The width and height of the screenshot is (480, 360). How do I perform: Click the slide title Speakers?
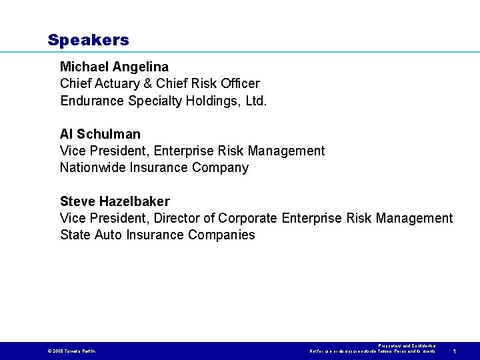pyautogui.click(x=88, y=40)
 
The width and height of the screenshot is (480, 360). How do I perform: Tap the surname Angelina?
pyautogui.click(x=141, y=67)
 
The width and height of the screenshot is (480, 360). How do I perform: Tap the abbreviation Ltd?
pyautogui.click(x=254, y=101)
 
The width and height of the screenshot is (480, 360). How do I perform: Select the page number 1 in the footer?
pyautogui.click(x=454, y=351)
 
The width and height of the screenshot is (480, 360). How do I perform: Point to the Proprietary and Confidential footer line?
pyautogui.click(x=406, y=346)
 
